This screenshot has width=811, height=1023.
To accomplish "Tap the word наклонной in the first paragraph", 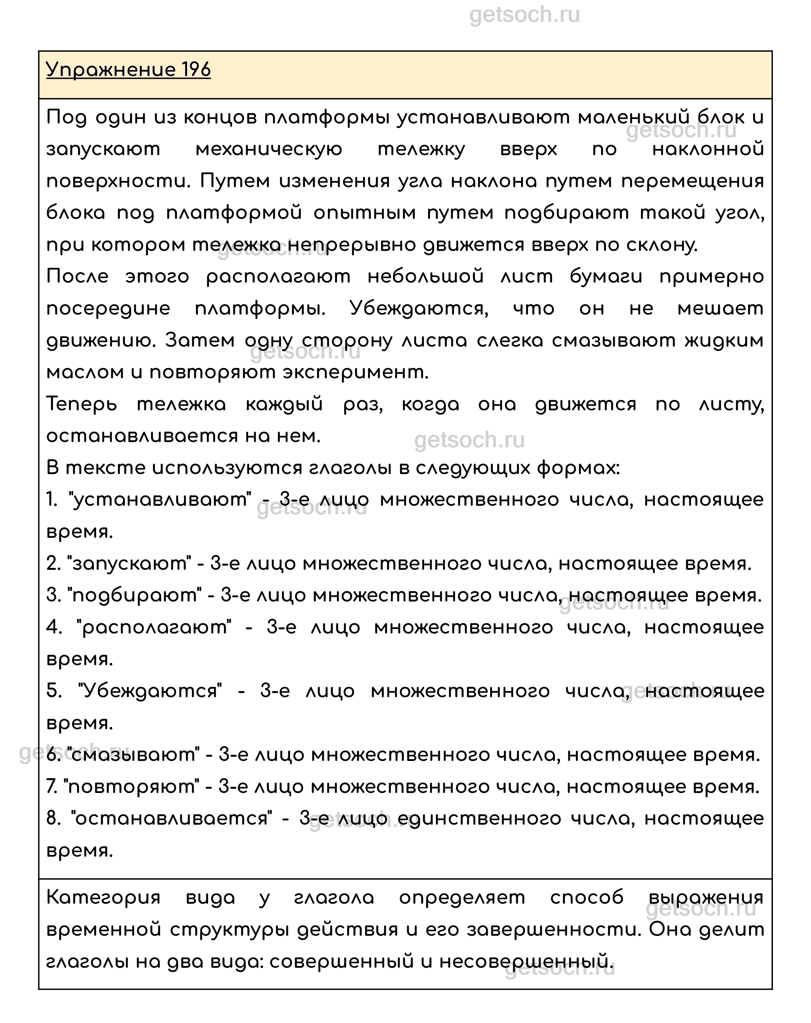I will (708, 149).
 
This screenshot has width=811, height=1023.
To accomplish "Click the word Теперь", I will (82, 404).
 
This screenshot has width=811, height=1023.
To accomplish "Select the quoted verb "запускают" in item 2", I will (129, 563).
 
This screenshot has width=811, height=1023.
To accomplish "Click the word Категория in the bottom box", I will (103, 898).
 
